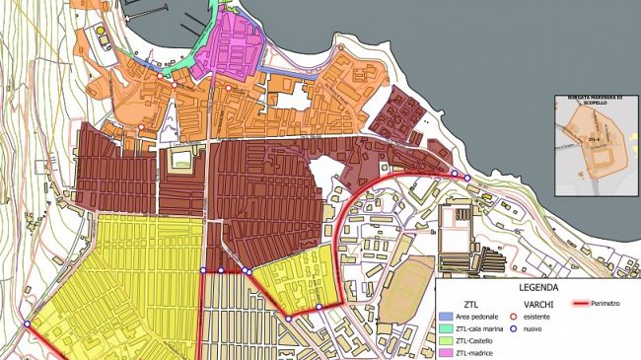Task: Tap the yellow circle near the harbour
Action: click(102, 32)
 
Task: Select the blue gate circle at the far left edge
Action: click(28, 324)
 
